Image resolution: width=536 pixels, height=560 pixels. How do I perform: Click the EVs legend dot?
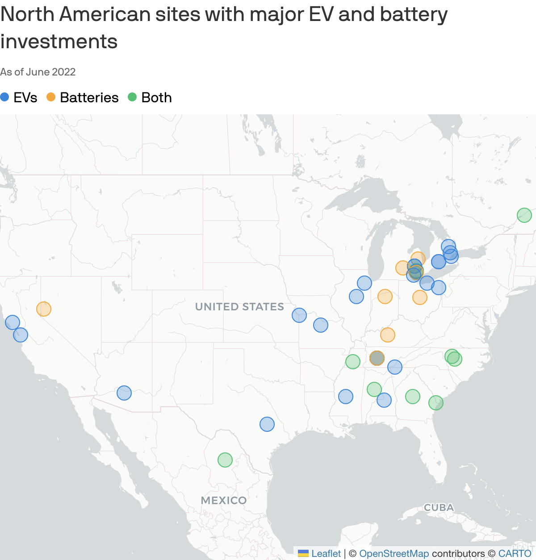click(5, 97)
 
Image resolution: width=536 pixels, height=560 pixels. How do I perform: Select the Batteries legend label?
click(89, 97)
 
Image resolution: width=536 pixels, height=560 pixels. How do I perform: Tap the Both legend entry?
click(156, 97)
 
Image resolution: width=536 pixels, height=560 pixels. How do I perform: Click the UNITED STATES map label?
click(239, 307)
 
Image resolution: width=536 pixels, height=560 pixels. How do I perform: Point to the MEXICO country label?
click(224, 500)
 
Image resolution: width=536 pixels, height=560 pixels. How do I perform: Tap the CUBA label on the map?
click(439, 507)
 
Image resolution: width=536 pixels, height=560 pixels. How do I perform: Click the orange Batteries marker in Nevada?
click(44, 309)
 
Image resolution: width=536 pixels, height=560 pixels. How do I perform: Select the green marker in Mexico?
click(225, 460)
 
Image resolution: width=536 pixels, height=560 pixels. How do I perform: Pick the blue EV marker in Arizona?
click(124, 393)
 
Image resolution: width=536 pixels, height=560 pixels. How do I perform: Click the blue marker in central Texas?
click(267, 424)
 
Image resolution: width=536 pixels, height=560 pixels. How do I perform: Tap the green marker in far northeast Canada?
click(524, 215)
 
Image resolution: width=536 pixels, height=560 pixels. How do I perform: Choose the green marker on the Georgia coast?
click(436, 402)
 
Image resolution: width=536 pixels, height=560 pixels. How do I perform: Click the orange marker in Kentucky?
click(388, 334)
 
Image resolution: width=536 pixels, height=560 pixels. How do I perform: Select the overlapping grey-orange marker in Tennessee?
click(377, 358)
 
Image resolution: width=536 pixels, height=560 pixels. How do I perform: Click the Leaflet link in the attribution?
click(326, 553)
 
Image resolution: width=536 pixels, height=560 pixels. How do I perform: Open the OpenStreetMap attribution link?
click(394, 553)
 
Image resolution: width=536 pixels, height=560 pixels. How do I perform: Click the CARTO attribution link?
click(515, 553)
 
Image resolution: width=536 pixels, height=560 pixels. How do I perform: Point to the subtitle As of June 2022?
click(38, 72)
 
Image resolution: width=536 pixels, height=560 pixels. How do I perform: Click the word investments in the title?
click(59, 42)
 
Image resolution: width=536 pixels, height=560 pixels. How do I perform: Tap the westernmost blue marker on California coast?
click(13, 322)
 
